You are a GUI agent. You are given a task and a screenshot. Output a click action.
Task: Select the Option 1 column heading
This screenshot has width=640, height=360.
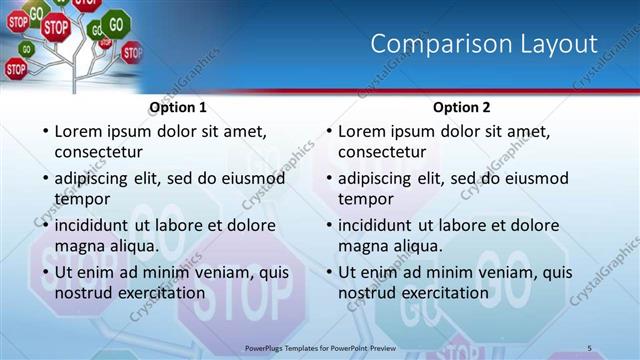point(178,107)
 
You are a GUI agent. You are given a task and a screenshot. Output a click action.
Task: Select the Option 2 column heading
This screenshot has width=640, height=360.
point(462,107)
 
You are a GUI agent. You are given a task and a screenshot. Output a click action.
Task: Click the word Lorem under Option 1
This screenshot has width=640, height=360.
point(81,131)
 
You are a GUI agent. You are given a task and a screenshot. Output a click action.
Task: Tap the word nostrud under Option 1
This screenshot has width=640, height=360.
point(85,293)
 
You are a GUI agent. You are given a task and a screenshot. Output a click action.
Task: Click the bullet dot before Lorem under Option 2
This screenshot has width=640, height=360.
point(328,132)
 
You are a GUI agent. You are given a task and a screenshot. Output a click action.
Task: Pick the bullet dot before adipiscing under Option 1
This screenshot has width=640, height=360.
point(44,179)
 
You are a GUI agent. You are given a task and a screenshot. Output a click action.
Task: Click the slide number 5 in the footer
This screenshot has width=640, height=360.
point(590,347)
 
